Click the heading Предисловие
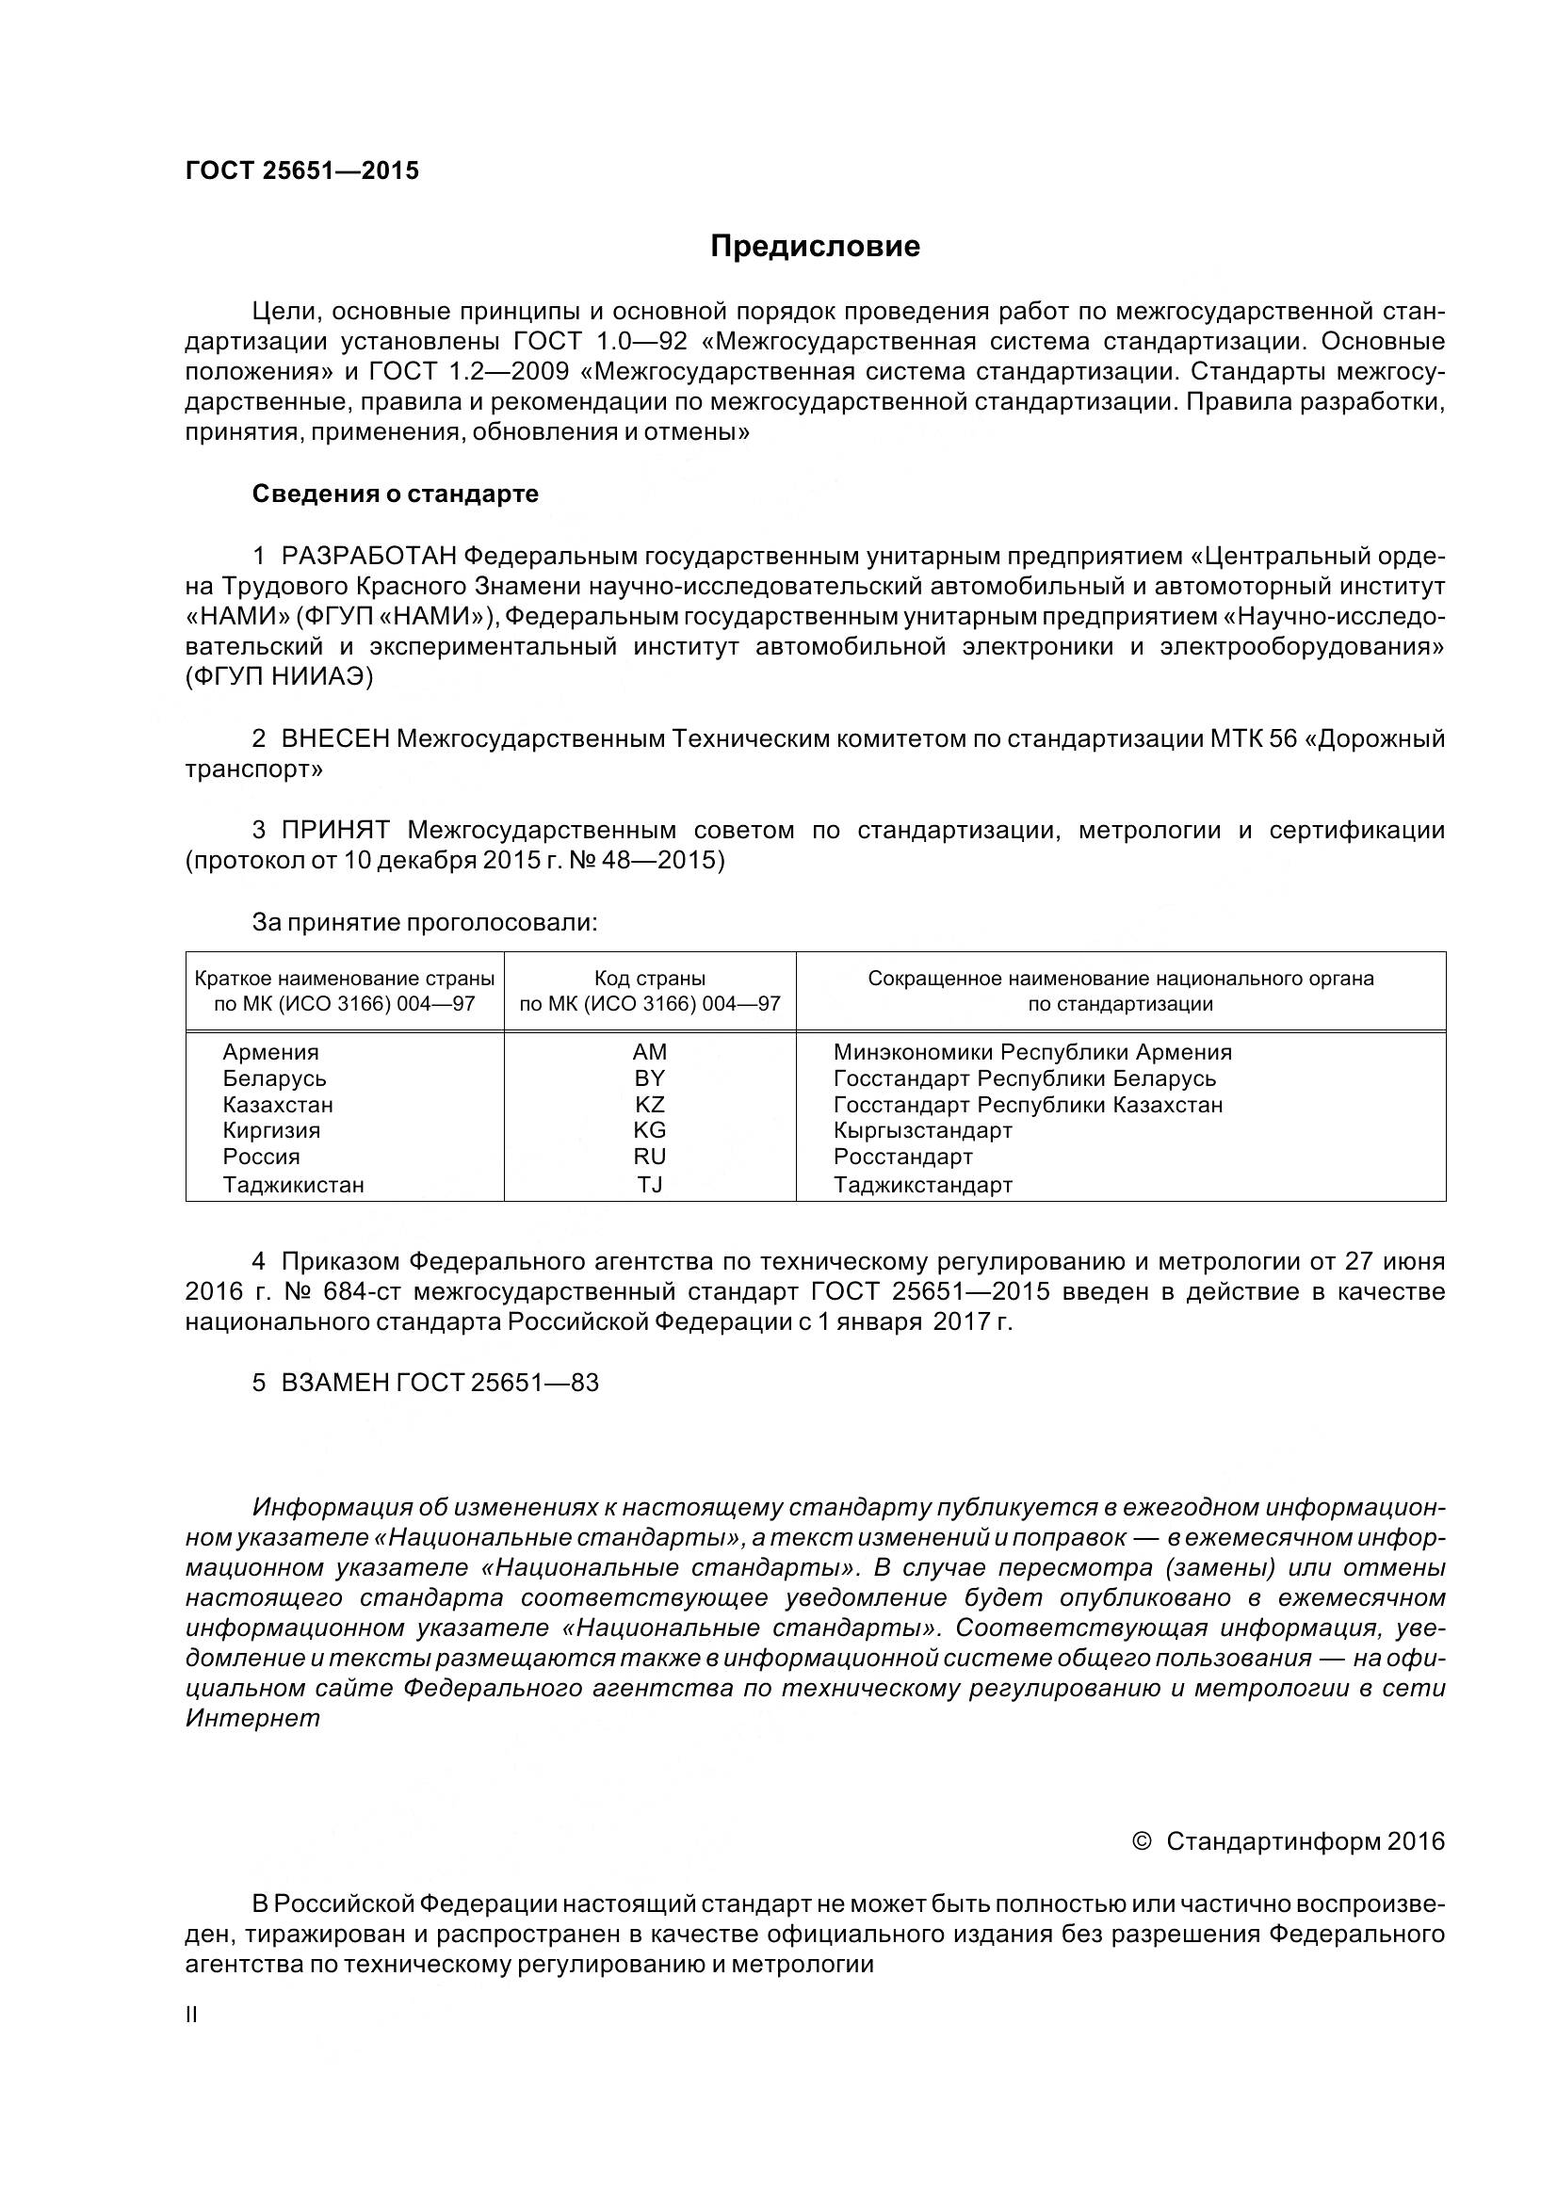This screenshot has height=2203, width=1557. tap(815, 247)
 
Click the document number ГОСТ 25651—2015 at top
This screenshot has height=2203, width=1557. tap(302, 170)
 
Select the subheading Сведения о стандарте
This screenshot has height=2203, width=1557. tap(395, 494)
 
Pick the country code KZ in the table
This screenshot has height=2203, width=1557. tap(650, 1105)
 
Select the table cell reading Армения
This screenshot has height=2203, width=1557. tap(270, 1053)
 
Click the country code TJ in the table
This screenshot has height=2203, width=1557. tap(650, 1185)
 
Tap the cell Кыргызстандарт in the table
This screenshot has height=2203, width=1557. tap(922, 1130)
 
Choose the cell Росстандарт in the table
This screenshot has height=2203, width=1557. tap(902, 1158)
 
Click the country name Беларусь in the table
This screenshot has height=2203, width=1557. tap(274, 1078)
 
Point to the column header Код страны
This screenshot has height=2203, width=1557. tap(650, 979)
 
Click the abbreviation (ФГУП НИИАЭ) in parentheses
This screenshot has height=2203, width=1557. tap(279, 676)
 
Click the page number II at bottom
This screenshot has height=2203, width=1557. tap(191, 2015)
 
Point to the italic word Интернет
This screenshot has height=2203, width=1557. tap(252, 1719)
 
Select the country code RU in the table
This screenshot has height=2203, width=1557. tap(650, 1158)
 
